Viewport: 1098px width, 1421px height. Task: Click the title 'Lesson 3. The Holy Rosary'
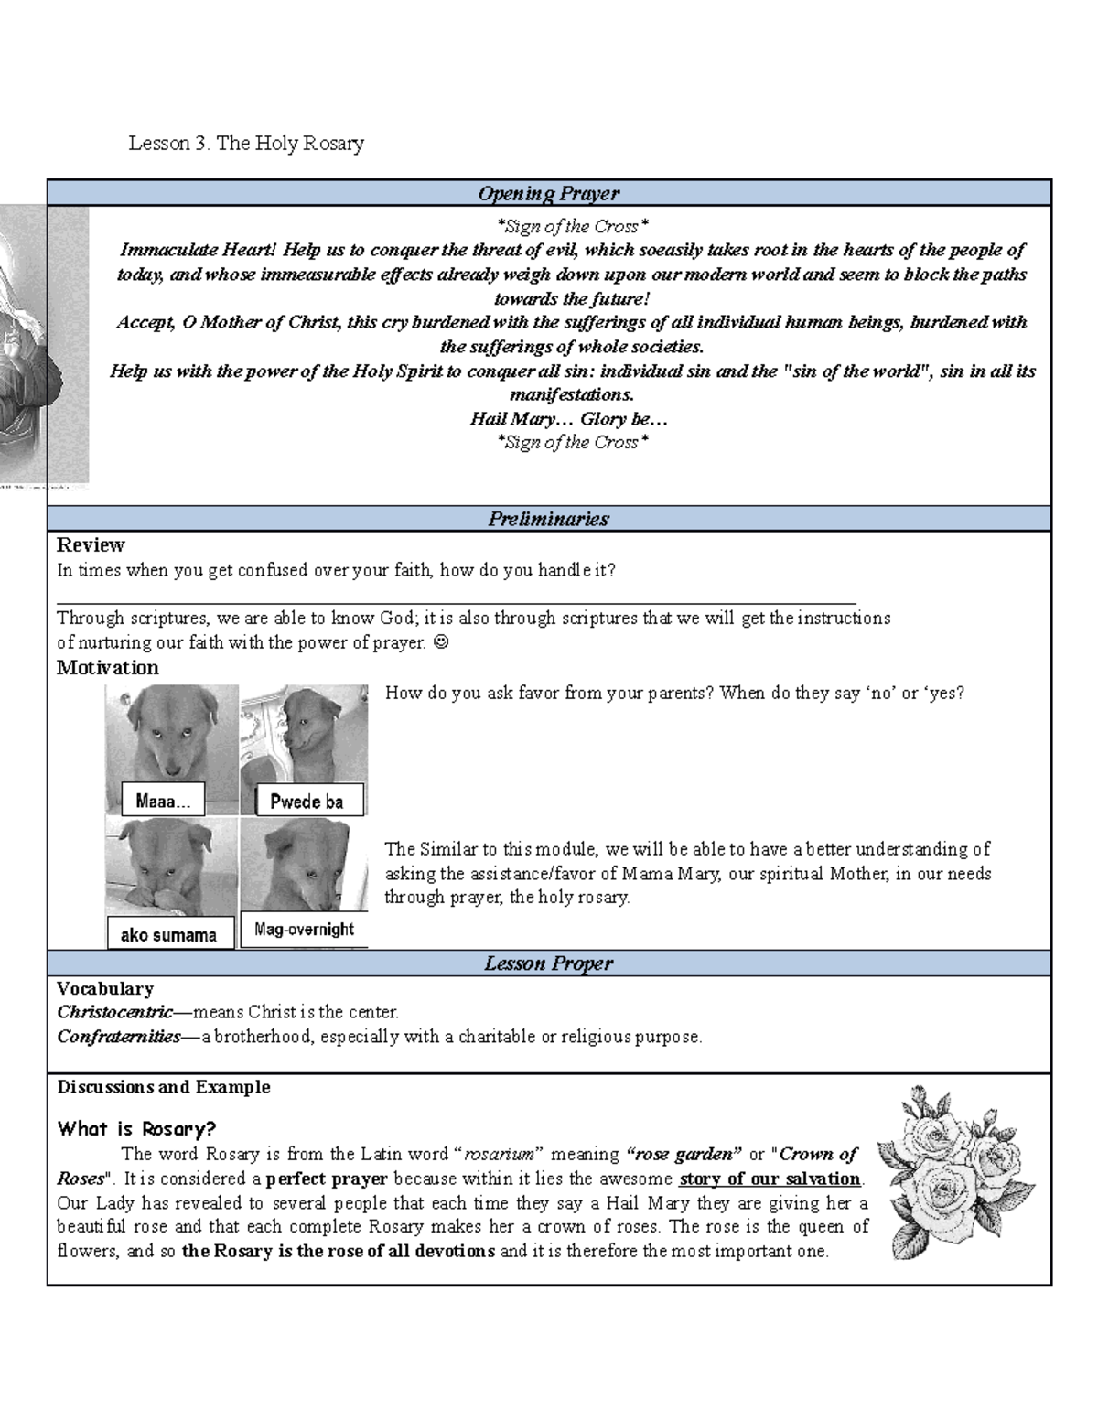point(246,143)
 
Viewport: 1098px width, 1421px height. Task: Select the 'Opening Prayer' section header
point(548,193)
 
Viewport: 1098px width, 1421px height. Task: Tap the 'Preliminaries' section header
point(548,519)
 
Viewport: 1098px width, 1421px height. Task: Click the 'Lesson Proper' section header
point(548,963)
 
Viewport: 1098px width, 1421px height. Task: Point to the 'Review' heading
point(91,545)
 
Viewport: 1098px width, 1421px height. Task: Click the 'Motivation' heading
point(107,668)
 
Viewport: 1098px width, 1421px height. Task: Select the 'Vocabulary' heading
point(105,988)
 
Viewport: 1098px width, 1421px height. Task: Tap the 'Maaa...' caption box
point(163,801)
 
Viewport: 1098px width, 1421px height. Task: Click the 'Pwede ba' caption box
point(307,802)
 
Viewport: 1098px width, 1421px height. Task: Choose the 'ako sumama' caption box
point(169,934)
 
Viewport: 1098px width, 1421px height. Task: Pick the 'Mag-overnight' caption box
point(304,930)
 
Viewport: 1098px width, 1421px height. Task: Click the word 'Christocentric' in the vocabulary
point(114,1012)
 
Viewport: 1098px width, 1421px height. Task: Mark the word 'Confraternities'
point(119,1037)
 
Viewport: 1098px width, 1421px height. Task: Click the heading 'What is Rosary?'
point(136,1128)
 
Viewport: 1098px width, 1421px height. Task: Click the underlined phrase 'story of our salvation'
point(770,1179)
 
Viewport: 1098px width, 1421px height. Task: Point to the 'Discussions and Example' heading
point(164,1087)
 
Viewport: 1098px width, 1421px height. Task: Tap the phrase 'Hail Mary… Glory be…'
point(569,419)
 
